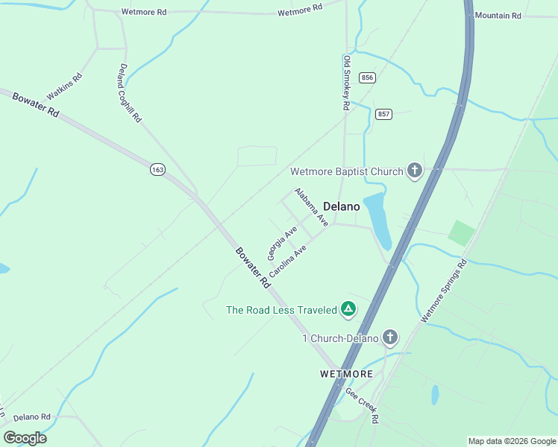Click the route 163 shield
157,170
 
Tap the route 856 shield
366,77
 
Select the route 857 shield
383,114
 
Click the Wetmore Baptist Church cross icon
414,172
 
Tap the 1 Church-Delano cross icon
389,338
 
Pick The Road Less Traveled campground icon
348,309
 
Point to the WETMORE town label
345,373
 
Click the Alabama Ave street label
311,207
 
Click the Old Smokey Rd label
346,83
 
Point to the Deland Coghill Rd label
129,92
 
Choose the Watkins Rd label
64,87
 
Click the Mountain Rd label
498,16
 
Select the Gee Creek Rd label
362,405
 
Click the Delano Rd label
31,417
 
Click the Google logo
25,438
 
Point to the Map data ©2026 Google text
511,441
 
